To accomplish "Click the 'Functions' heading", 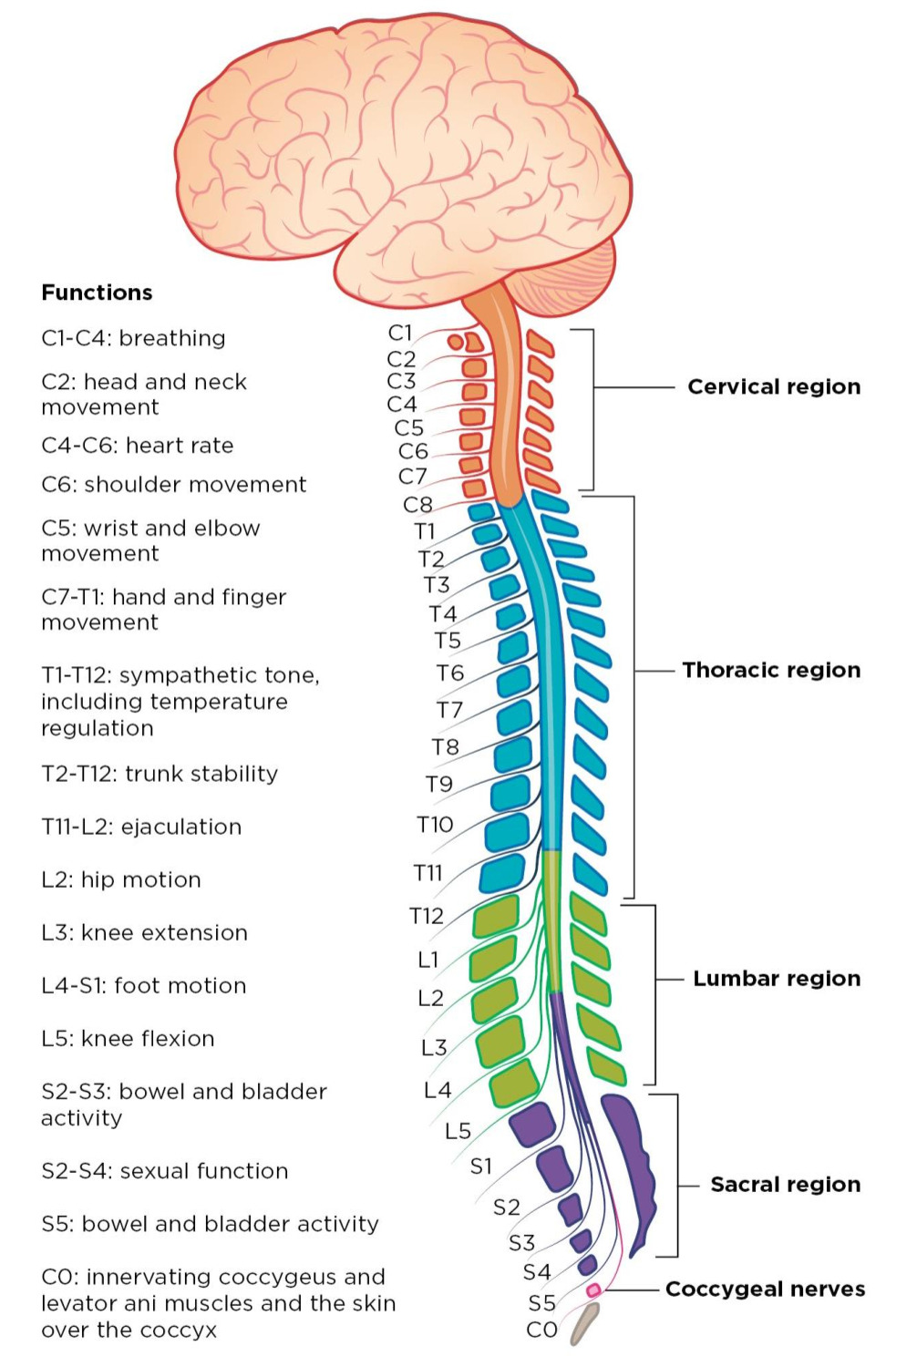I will [x=97, y=293].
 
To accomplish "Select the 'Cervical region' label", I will [x=773, y=386].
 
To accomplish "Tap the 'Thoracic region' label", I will [x=771, y=670].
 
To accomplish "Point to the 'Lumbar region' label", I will [x=776, y=978].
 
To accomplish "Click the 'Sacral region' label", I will [x=785, y=1184].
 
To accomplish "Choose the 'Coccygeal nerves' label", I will [x=765, y=1289].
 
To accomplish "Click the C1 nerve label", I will [x=400, y=333].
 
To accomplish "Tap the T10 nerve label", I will [x=435, y=825].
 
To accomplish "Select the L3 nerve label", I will [x=434, y=1048].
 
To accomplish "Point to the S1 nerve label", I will [x=480, y=1166].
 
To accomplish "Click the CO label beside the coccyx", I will [x=541, y=1330].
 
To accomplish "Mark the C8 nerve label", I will [x=417, y=504].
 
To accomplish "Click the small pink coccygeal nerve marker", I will [x=593, y=1290].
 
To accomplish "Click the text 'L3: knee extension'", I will [x=144, y=932].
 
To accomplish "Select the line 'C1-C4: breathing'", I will [x=133, y=338].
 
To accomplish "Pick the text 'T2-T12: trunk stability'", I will [x=160, y=774].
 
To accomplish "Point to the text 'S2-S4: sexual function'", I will [x=164, y=1171].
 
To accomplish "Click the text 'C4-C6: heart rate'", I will [x=137, y=446].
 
